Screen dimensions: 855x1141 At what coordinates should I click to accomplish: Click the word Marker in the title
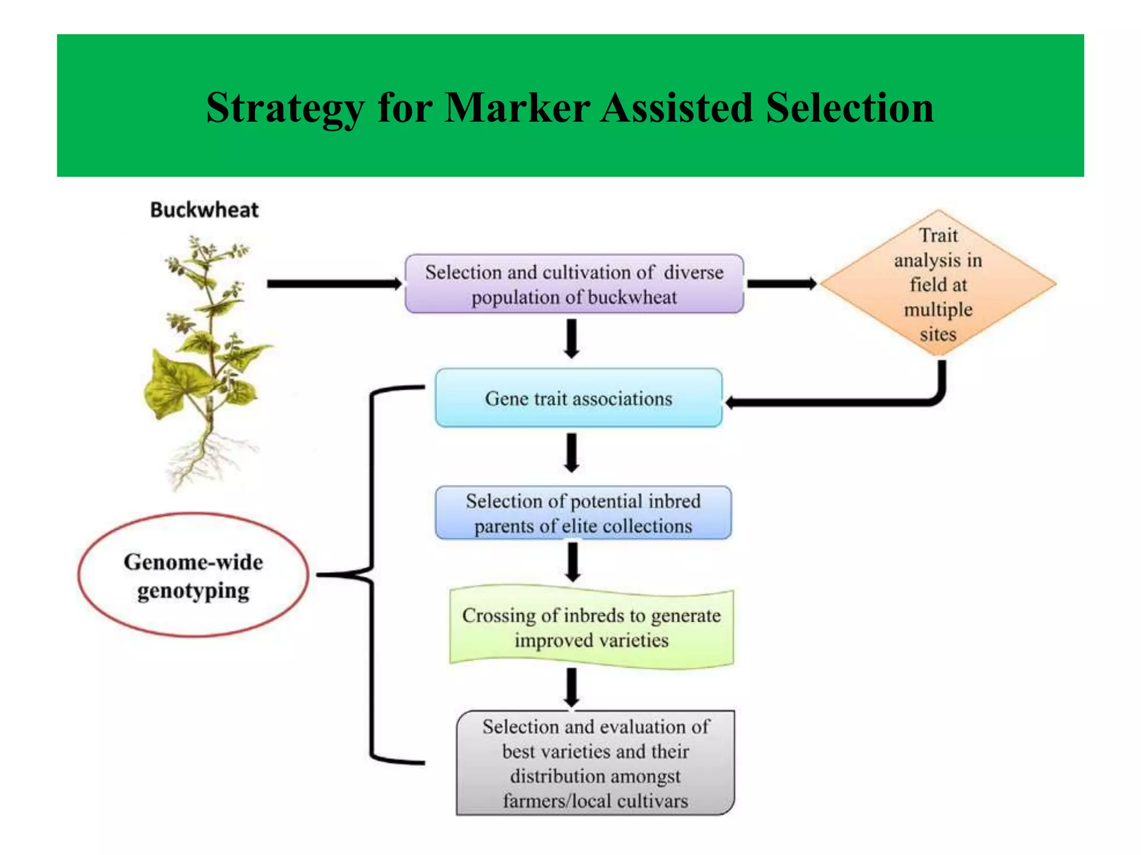[517, 107]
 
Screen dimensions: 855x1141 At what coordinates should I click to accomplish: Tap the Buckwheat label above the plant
[204, 210]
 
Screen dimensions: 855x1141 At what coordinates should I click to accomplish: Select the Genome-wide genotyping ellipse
[193, 575]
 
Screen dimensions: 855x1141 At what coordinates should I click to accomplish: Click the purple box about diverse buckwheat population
[574, 284]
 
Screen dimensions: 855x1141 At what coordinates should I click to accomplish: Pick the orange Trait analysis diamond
[938, 284]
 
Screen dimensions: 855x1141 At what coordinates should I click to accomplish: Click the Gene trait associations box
[578, 399]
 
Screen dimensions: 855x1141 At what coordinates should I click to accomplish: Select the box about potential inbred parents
[583, 513]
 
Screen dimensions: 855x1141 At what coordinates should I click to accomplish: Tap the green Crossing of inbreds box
[591, 627]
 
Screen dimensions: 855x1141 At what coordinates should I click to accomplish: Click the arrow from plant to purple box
[334, 284]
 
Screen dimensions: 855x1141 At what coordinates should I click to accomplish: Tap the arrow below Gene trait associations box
[572, 453]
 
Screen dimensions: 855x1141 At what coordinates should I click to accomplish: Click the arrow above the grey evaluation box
[572, 687]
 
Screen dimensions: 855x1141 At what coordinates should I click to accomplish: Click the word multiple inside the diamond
[938, 309]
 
